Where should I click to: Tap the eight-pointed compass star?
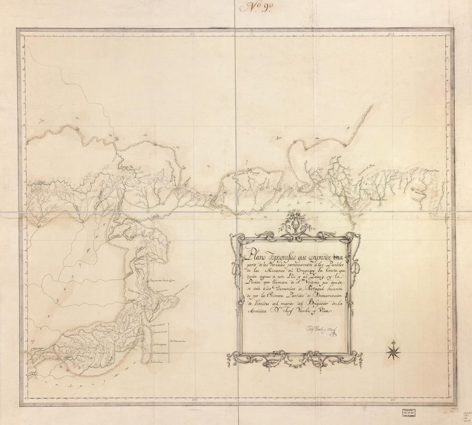[393, 351]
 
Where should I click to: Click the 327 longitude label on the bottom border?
[391, 400]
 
